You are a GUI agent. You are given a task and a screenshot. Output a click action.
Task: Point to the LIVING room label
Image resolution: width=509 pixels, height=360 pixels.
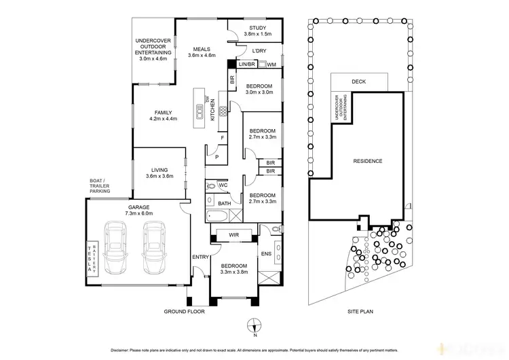click(159, 173)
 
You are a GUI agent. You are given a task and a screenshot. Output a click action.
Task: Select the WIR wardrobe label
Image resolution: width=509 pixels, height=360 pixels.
click(234, 235)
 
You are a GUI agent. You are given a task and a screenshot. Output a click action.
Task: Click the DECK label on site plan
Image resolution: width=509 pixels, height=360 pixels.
click(359, 82)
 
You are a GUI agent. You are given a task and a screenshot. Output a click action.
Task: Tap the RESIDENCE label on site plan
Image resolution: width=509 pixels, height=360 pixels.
click(368, 161)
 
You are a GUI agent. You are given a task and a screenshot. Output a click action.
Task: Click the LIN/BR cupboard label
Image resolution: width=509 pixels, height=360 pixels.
click(246, 65)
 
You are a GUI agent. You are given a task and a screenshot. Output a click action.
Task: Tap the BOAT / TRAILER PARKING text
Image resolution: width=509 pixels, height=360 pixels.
click(98, 185)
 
